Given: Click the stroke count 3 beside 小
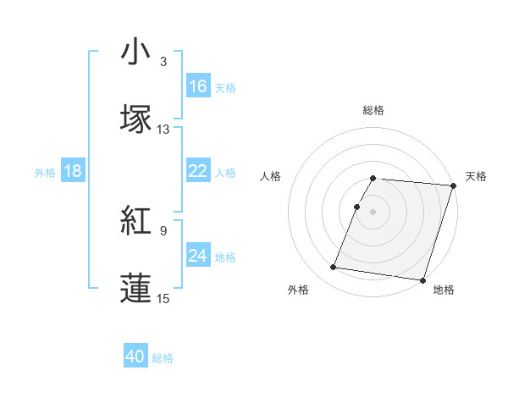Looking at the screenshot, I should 163,62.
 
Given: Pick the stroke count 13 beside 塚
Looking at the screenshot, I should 163,130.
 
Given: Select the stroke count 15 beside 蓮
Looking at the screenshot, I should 163,298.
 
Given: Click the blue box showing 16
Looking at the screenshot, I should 198,86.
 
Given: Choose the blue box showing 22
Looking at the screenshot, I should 198,171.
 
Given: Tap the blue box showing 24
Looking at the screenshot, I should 198,256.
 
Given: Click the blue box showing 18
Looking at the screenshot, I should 73,171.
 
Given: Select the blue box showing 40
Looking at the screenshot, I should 135,357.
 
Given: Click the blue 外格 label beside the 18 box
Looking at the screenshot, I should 45,172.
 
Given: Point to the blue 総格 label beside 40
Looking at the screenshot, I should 163,358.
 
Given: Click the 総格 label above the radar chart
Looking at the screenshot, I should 373,110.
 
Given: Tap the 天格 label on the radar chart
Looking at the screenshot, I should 477,176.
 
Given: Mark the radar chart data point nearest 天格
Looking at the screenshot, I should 453,185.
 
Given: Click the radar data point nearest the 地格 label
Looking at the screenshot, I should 422,279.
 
